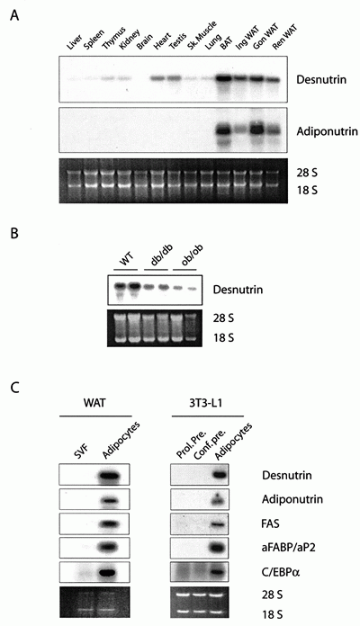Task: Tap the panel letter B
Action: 14,233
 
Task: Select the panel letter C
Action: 14,388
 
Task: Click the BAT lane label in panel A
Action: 226,42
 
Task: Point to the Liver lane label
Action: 75,42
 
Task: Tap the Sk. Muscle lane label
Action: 202,36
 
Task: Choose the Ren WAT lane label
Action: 285,38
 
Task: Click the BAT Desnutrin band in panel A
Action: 224,78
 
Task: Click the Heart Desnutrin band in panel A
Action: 157,78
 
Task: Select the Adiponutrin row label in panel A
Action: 327,131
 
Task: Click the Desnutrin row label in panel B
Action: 238,289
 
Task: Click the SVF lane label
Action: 81,451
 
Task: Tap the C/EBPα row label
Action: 281,573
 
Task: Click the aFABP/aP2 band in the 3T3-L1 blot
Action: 217,547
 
